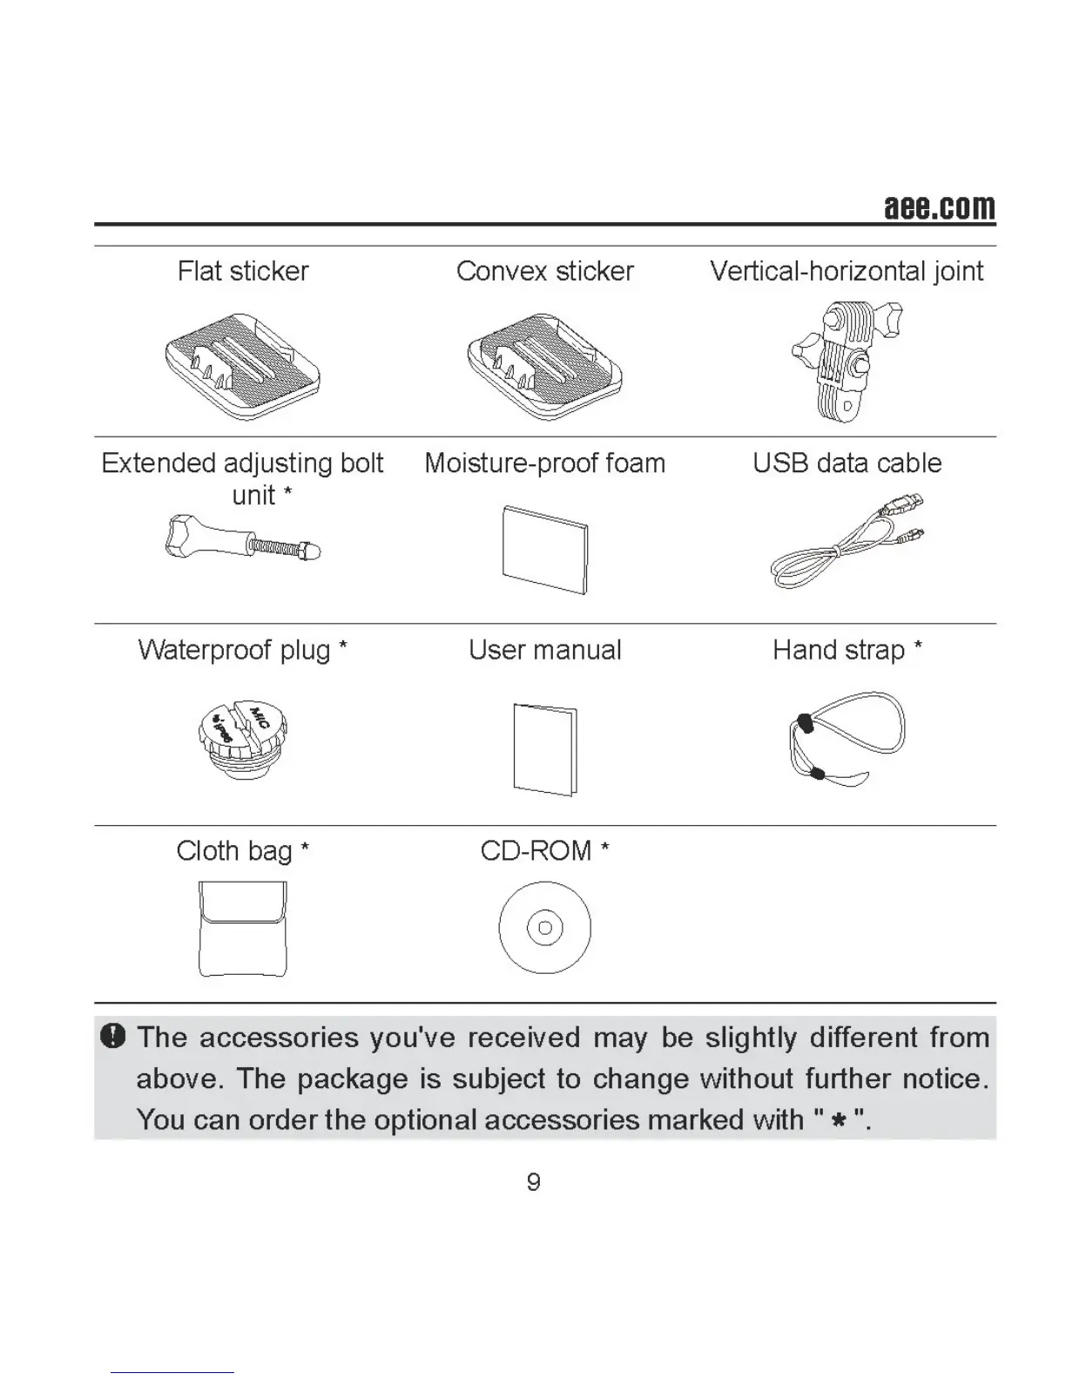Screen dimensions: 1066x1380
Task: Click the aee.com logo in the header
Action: [x=939, y=207]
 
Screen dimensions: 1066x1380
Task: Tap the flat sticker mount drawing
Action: [x=242, y=366]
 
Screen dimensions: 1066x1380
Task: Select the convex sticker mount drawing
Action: [x=545, y=366]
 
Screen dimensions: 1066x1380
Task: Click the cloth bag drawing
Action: [x=242, y=929]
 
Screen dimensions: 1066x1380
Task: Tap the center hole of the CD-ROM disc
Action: [x=545, y=928]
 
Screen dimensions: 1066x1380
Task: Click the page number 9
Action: [x=534, y=1182]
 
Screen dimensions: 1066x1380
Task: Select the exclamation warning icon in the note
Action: [x=113, y=1036]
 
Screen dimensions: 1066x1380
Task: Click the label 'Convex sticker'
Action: [x=545, y=271]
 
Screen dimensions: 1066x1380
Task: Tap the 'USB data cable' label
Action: [x=847, y=463]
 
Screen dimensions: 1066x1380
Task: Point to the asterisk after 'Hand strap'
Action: [x=918, y=647]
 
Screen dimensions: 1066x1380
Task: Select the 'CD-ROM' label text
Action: [x=536, y=850]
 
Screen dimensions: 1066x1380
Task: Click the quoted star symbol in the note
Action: [x=839, y=1120]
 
